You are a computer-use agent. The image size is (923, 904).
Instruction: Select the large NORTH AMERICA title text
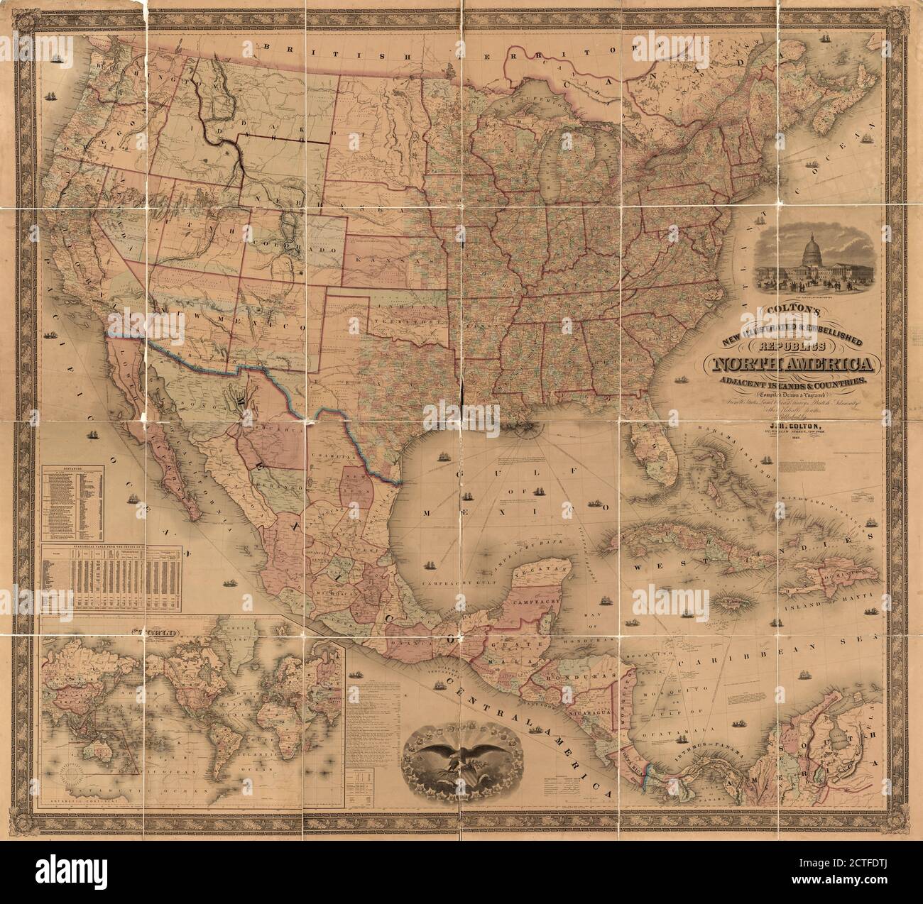coord(788,365)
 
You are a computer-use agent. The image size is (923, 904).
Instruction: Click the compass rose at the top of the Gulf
coord(526,427)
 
